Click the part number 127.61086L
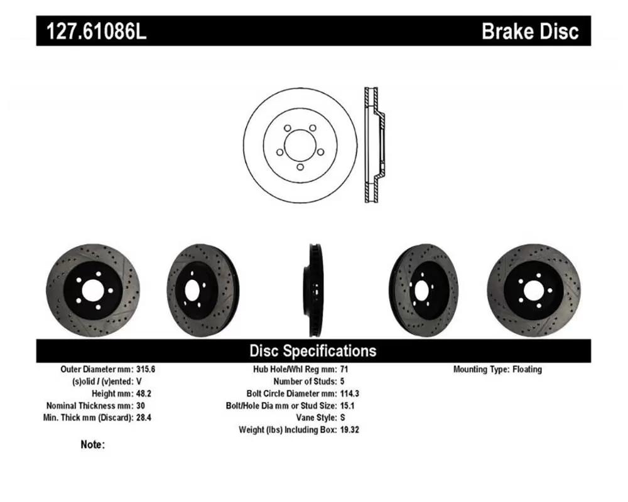tap(97, 31)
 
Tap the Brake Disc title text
tap(530, 31)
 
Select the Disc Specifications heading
tap(313, 351)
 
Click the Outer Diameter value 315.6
tap(146, 369)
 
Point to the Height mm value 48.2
tap(144, 393)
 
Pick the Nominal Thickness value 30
tap(141, 405)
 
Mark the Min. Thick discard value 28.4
tap(144, 417)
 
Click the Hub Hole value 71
tap(344, 369)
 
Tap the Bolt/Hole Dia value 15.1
tap(347, 405)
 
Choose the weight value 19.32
tap(350, 430)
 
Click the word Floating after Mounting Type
tap(527, 369)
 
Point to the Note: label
tap(92, 444)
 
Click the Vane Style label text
tap(317, 417)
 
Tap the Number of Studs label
tap(305, 381)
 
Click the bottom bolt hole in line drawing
tap(300, 168)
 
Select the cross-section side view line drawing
tap(374, 145)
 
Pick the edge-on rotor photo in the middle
tap(315, 291)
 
